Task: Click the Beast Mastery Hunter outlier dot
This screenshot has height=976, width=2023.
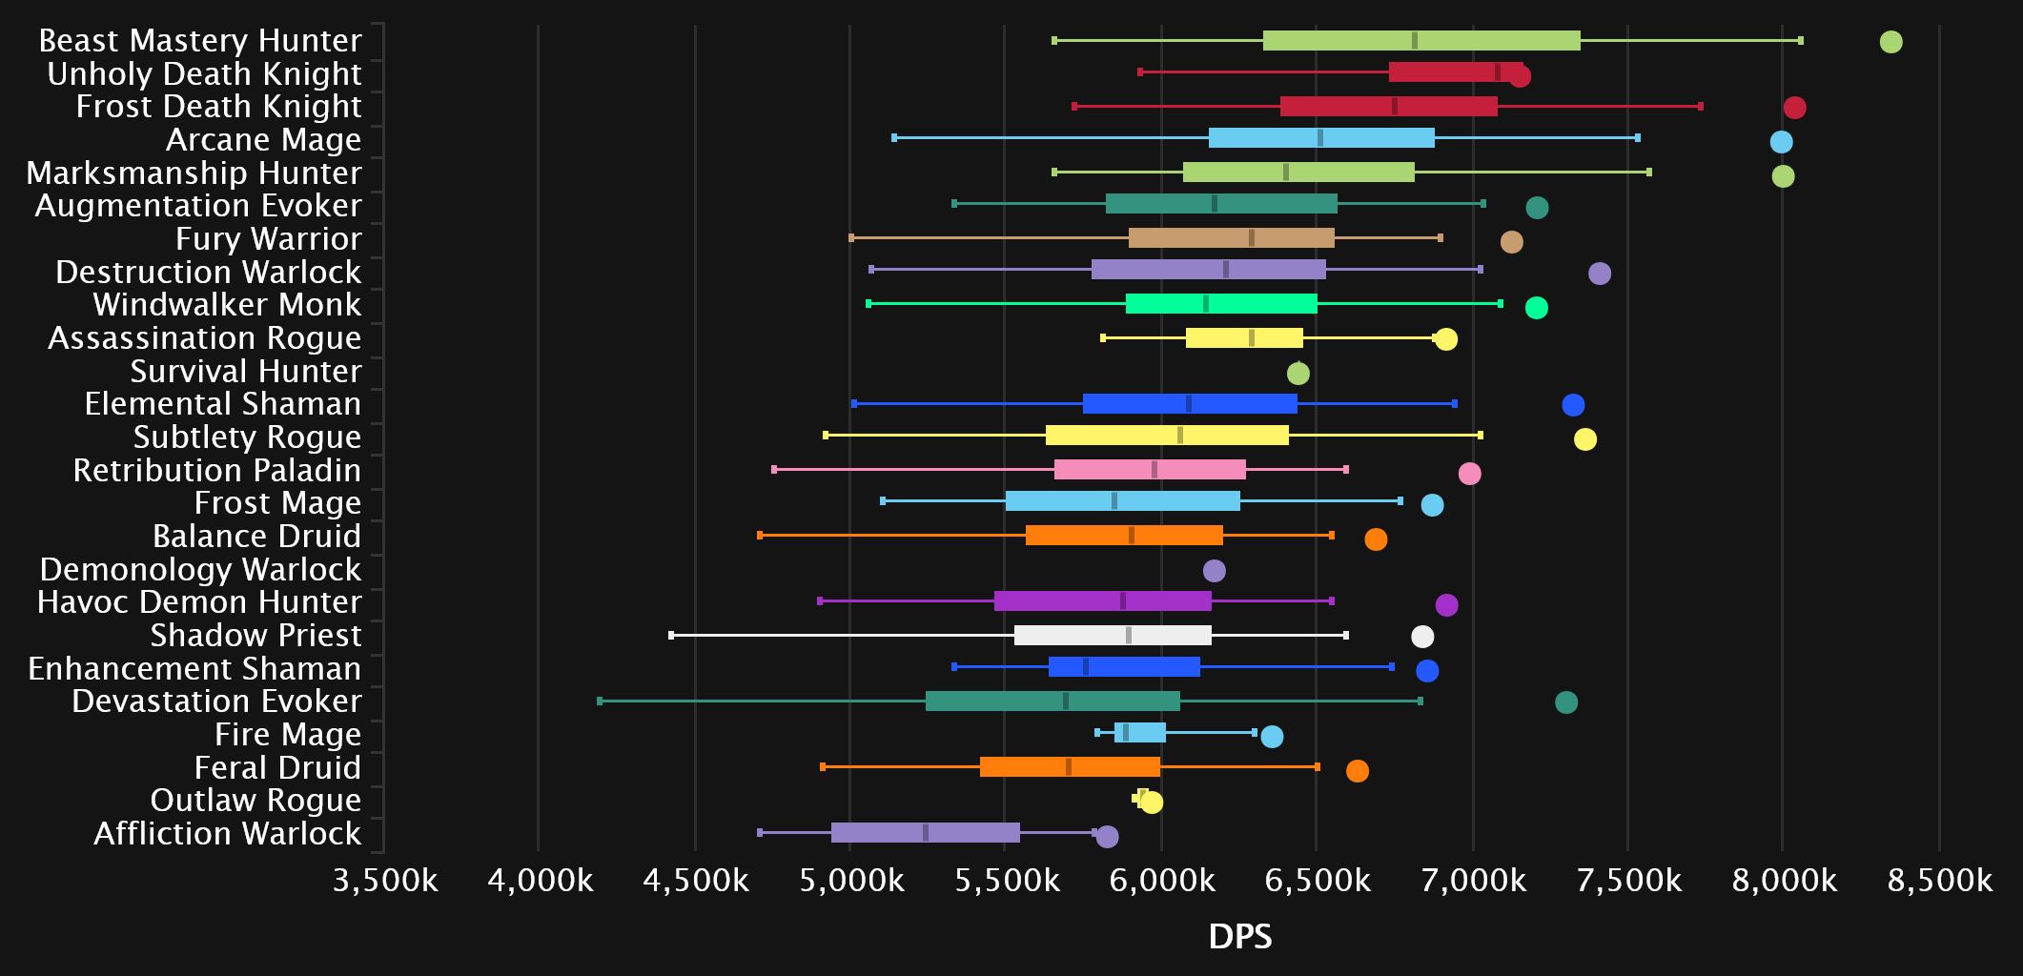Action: point(1890,42)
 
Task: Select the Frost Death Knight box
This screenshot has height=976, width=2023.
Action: point(1388,107)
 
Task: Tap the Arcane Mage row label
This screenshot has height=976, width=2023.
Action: point(263,140)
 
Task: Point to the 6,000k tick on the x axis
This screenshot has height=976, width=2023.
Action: point(1160,881)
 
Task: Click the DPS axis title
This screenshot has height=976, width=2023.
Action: point(1239,937)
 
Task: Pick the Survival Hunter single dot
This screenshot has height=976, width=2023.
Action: point(1298,374)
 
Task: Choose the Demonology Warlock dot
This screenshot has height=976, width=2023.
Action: point(1214,571)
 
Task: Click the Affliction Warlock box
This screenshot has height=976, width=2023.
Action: point(925,833)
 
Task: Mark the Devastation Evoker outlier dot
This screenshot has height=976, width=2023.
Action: point(1565,702)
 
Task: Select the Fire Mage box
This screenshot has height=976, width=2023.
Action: point(1139,733)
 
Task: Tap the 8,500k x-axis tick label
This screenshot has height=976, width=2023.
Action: point(1939,881)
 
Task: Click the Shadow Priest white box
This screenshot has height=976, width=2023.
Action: point(1113,636)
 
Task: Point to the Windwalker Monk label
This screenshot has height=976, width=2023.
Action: point(227,305)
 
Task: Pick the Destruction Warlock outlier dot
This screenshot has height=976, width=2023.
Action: point(1599,274)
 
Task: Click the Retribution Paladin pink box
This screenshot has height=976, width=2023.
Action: point(1150,470)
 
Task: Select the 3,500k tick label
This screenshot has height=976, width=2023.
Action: point(384,881)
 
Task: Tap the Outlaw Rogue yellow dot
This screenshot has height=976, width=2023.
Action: point(1152,803)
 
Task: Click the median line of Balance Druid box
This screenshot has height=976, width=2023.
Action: point(1131,536)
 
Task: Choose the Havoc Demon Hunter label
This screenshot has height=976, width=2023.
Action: point(199,602)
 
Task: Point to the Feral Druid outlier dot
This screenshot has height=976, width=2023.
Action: point(1357,771)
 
